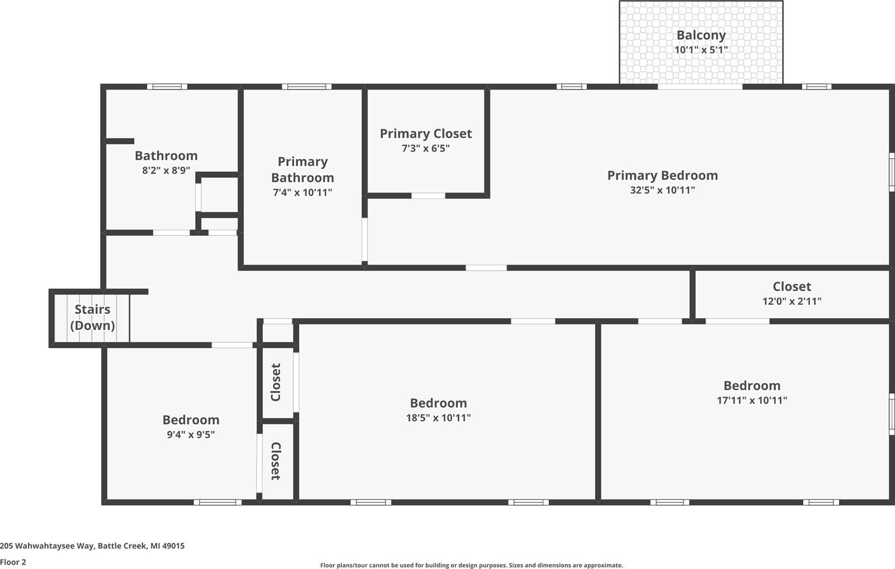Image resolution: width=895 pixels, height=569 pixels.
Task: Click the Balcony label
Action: point(701,35)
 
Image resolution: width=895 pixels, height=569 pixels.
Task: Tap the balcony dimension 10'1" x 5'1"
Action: point(701,50)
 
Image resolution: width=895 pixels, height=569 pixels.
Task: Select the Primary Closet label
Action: point(426,134)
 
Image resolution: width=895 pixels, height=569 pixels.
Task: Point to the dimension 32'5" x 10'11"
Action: point(662,190)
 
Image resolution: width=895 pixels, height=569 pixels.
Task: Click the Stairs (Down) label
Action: point(92,317)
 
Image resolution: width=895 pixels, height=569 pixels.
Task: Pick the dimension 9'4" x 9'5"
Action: point(191,435)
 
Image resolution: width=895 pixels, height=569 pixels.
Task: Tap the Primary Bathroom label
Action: point(303,170)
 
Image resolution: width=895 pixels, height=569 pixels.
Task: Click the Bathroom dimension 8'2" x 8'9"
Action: point(166,171)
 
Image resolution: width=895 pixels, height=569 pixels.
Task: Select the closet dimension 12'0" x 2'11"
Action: point(792,301)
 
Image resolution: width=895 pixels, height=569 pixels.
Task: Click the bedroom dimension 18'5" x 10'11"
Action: point(439,418)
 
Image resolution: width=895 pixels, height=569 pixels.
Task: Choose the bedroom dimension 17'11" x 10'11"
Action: point(752,401)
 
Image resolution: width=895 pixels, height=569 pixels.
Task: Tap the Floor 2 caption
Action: point(13,562)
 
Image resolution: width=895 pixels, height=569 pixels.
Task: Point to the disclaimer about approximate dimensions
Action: point(471,566)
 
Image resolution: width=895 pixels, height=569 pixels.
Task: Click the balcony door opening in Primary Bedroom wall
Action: point(700,87)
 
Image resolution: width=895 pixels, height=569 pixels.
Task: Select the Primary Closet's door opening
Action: point(428,196)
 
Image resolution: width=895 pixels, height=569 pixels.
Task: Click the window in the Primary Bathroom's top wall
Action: point(307,87)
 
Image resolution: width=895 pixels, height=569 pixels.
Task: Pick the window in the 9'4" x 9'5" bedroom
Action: point(218,502)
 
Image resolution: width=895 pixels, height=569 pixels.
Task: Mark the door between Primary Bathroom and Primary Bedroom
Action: point(365,239)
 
